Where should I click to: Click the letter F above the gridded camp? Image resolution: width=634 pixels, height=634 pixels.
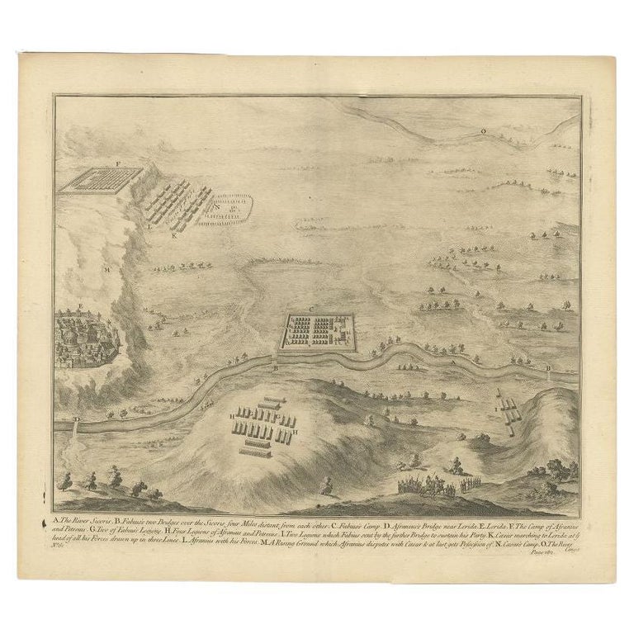[117, 164]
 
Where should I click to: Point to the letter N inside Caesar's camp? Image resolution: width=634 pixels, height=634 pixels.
[217, 197]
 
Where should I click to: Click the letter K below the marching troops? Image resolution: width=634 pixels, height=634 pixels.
[175, 235]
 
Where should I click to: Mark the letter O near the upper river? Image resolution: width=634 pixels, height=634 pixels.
[484, 130]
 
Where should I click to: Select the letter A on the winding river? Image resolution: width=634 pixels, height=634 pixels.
[452, 362]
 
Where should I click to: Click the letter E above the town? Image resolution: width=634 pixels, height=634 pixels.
[81, 306]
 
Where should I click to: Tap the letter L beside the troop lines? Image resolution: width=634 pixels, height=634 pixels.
[149, 224]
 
